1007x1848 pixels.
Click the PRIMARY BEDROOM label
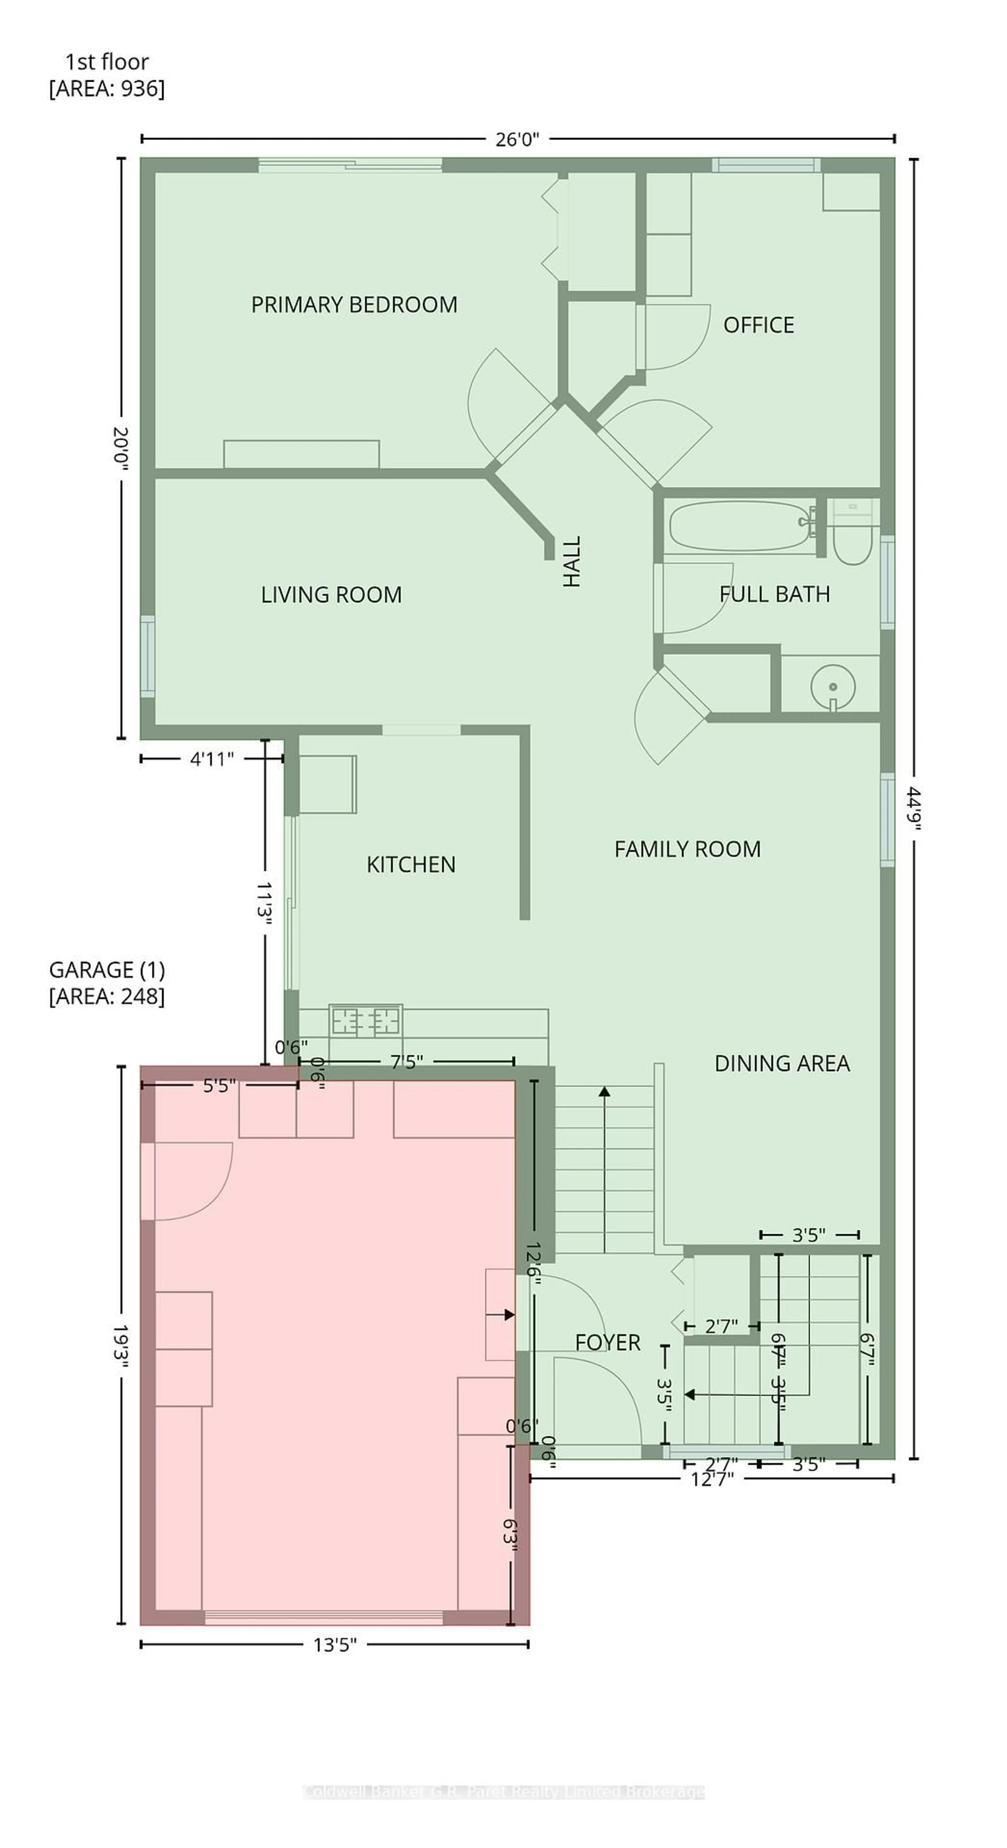[354, 305]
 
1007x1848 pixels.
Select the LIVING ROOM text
[331, 595]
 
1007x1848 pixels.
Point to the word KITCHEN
[411, 864]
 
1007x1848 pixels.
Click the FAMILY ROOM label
[687, 849]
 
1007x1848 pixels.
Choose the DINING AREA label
[782, 1063]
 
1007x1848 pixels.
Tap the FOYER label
[607, 1342]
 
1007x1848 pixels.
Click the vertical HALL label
[571, 562]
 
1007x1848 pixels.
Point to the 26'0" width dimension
[517, 139]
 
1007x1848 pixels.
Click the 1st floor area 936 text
[107, 75]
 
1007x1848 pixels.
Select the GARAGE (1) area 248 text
[107, 983]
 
